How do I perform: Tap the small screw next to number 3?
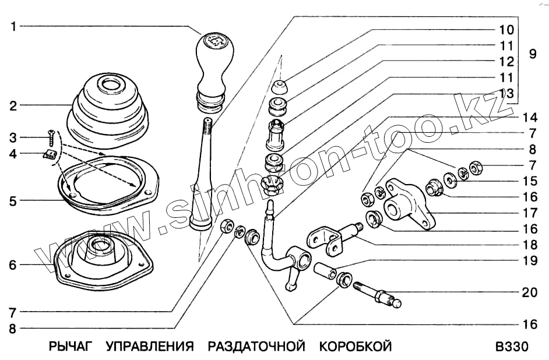pyautogui.click(x=51, y=138)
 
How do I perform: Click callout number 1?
pyautogui.click(x=13, y=26)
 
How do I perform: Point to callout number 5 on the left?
pyautogui.click(x=13, y=201)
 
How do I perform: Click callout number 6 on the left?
pyautogui.click(x=13, y=265)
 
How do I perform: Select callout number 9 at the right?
pyautogui.click(x=532, y=54)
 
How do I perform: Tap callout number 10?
pyautogui.click(x=505, y=29)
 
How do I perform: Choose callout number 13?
pyautogui.click(x=505, y=93)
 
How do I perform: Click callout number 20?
pyautogui.click(x=529, y=292)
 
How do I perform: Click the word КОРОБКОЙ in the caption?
pyautogui.click(x=355, y=347)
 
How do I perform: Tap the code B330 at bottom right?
pyautogui.click(x=511, y=347)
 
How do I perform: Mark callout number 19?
pyautogui.click(x=529, y=261)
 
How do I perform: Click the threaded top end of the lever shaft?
pyautogui.click(x=207, y=125)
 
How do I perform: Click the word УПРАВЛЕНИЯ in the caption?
pyautogui.click(x=150, y=347)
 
